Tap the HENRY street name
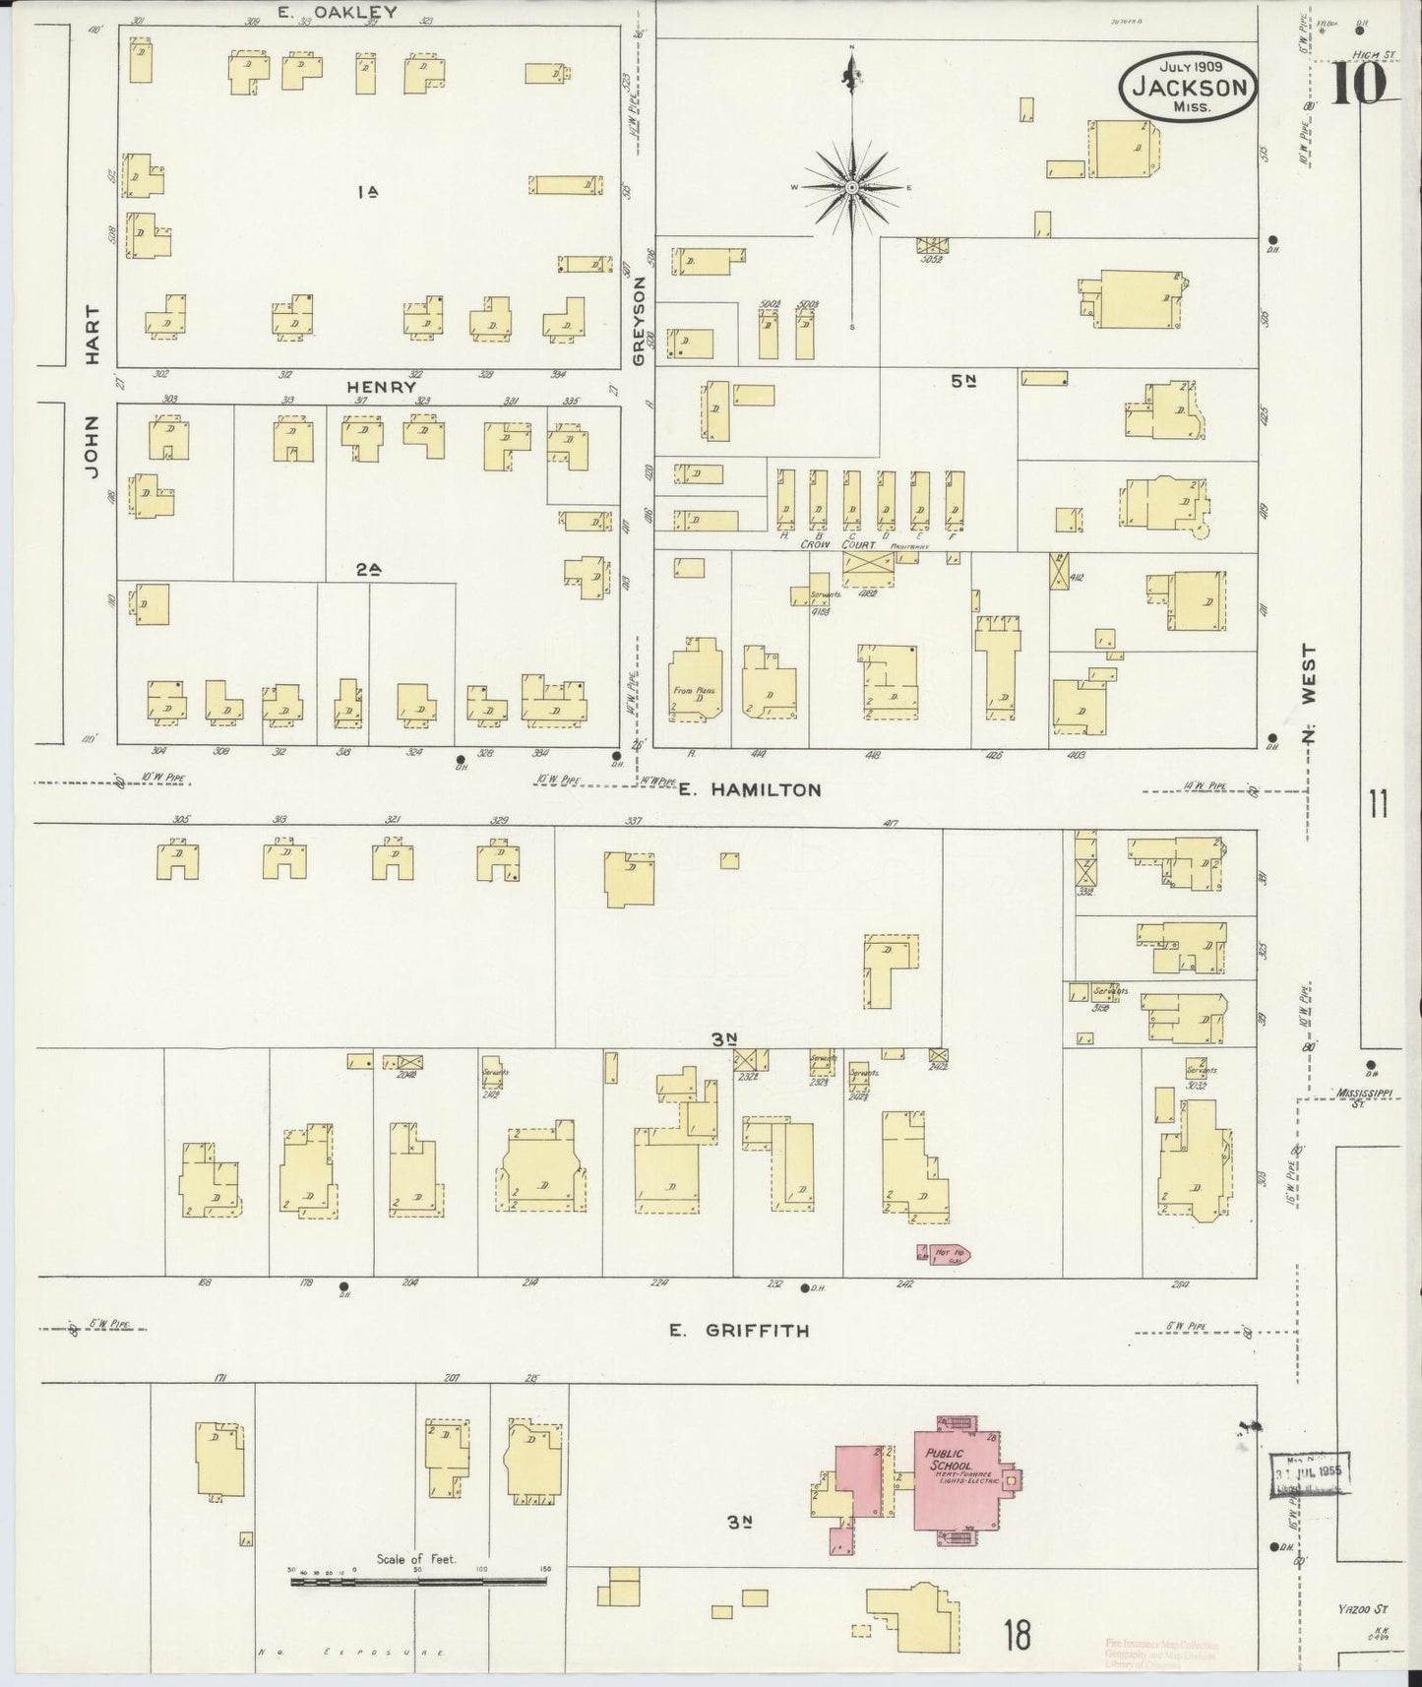[381, 388]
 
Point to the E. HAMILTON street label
[750, 789]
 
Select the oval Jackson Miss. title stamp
[1189, 87]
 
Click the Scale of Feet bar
[417, 1581]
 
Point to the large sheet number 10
[1361, 83]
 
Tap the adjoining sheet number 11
[1377, 805]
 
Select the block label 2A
[368, 568]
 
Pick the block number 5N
[962, 381]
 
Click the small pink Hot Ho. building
[945, 1253]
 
